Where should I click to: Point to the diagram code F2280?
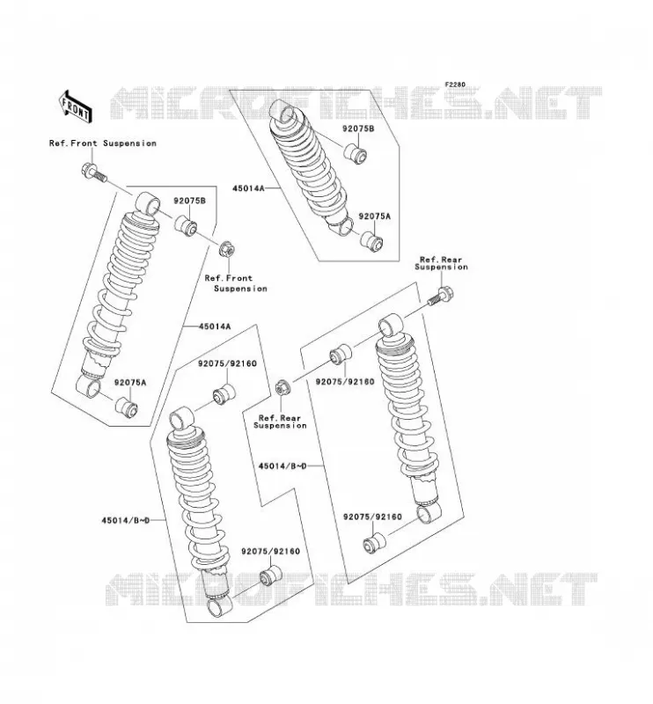[x=455, y=84]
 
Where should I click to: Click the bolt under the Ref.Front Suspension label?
[x=94, y=172]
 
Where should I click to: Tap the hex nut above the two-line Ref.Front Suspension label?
[x=227, y=250]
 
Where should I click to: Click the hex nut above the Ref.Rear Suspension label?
[x=282, y=387]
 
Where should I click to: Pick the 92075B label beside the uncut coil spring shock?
[x=358, y=128]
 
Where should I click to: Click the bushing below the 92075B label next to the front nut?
[x=185, y=225]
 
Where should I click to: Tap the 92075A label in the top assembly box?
[x=375, y=216]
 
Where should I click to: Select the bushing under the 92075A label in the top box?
[x=372, y=241]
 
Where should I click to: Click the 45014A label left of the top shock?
[x=248, y=188]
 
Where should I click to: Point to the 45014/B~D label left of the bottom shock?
[x=125, y=521]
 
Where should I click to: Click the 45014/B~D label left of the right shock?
[x=282, y=466]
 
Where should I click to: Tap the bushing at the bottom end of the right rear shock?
[x=375, y=543]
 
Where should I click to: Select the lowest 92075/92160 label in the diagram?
[x=270, y=552]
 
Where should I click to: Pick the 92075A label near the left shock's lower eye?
[x=130, y=383]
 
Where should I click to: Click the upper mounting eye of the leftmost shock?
[x=147, y=203]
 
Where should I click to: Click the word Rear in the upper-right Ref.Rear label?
[x=452, y=260]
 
